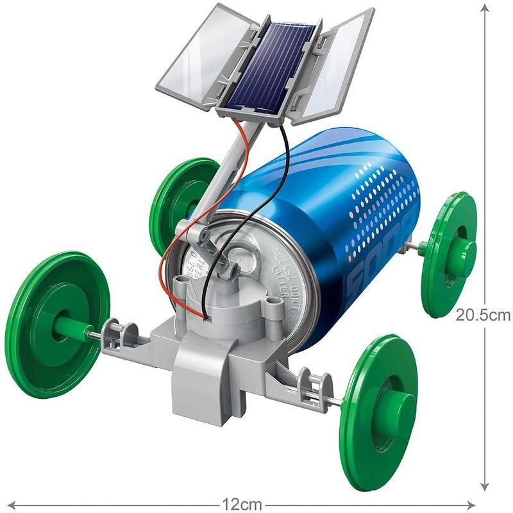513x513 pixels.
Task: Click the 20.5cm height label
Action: pyautogui.click(x=482, y=314)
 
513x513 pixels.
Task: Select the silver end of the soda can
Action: pyautogui.click(x=237, y=269)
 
